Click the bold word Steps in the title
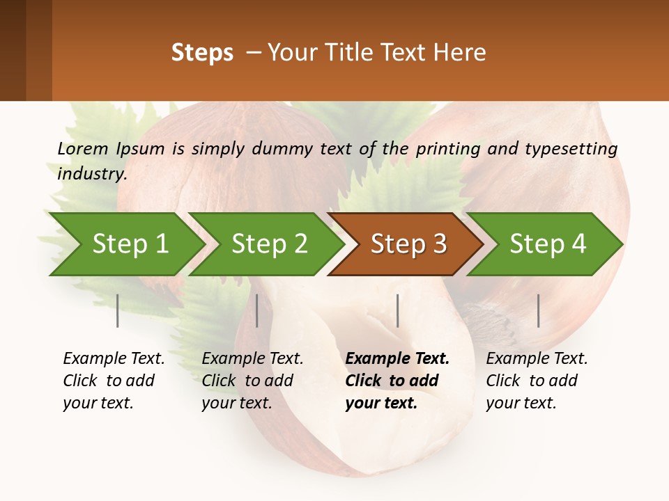click(202, 53)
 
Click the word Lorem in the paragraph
click(83, 149)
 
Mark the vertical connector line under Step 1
click(118, 310)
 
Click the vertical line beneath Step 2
click(257, 310)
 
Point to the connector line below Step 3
click(397, 310)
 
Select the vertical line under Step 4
click(538, 310)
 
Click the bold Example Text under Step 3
click(397, 359)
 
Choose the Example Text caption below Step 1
click(114, 359)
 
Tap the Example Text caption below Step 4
click(537, 359)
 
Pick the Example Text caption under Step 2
click(252, 359)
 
